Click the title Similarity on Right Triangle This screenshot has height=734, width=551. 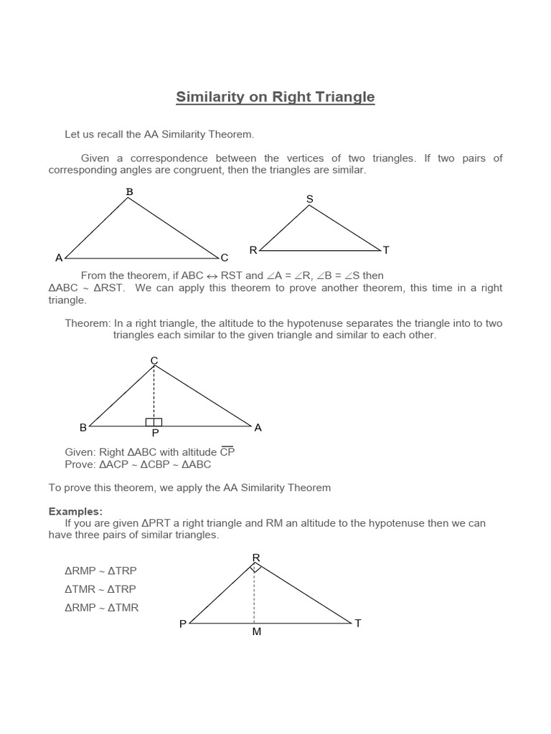(x=275, y=97)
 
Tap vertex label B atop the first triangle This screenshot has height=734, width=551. (x=130, y=191)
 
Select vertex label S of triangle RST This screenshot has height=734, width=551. (x=310, y=199)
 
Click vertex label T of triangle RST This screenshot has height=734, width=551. (x=386, y=250)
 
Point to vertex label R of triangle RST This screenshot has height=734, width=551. (x=253, y=250)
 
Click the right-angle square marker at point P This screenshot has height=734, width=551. (x=154, y=422)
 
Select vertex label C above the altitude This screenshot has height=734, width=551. (x=154, y=360)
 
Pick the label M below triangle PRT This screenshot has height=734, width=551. (x=256, y=633)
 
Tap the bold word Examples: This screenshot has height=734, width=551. (x=75, y=511)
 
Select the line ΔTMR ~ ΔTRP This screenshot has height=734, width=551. (x=100, y=589)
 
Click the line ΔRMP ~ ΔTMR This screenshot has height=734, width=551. (x=102, y=608)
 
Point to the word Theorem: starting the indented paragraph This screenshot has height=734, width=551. (x=88, y=323)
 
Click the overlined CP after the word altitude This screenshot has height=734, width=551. (x=227, y=452)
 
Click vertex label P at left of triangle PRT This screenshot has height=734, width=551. (x=183, y=624)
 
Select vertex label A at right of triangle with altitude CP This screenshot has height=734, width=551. (x=258, y=427)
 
